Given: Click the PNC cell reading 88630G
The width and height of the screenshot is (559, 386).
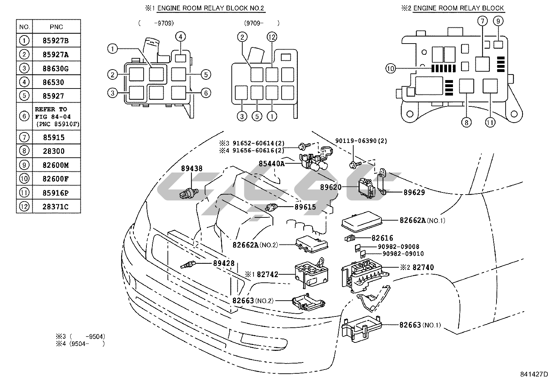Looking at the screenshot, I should click(x=56, y=68).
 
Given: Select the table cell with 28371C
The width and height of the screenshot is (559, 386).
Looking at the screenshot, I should click(x=56, y=206).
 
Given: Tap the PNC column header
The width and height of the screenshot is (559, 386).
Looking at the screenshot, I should click(x=56, y=27).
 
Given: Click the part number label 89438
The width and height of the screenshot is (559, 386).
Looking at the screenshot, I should click(x=192, y=169).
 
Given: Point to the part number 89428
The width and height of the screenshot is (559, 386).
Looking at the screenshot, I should click(x=224, y=263).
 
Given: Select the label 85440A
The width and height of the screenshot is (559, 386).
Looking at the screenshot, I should click(x=272, y=163).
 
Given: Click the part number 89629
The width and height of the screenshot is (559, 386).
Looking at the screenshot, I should click(x=414, y=192).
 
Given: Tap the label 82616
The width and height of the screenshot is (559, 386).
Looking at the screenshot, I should click(x=382, y=238).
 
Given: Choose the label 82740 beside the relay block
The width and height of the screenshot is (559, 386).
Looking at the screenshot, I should click(x=423, y=267).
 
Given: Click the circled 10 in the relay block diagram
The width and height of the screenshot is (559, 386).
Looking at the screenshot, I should click(x=390, y=68).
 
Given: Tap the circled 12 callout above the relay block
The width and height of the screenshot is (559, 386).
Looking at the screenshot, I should click(x=272, y=37).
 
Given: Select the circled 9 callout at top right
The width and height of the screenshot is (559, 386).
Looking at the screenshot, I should click(x=498, y=21).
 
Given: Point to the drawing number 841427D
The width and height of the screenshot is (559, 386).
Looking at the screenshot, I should click(x=534, y=374).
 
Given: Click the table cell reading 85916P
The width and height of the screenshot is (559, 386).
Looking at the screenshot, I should click(x=56, y=192).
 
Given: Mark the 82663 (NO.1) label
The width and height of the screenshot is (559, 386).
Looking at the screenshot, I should click(x=420, y=325).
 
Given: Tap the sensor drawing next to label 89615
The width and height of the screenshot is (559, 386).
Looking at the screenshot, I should click(x=272, y=207).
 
